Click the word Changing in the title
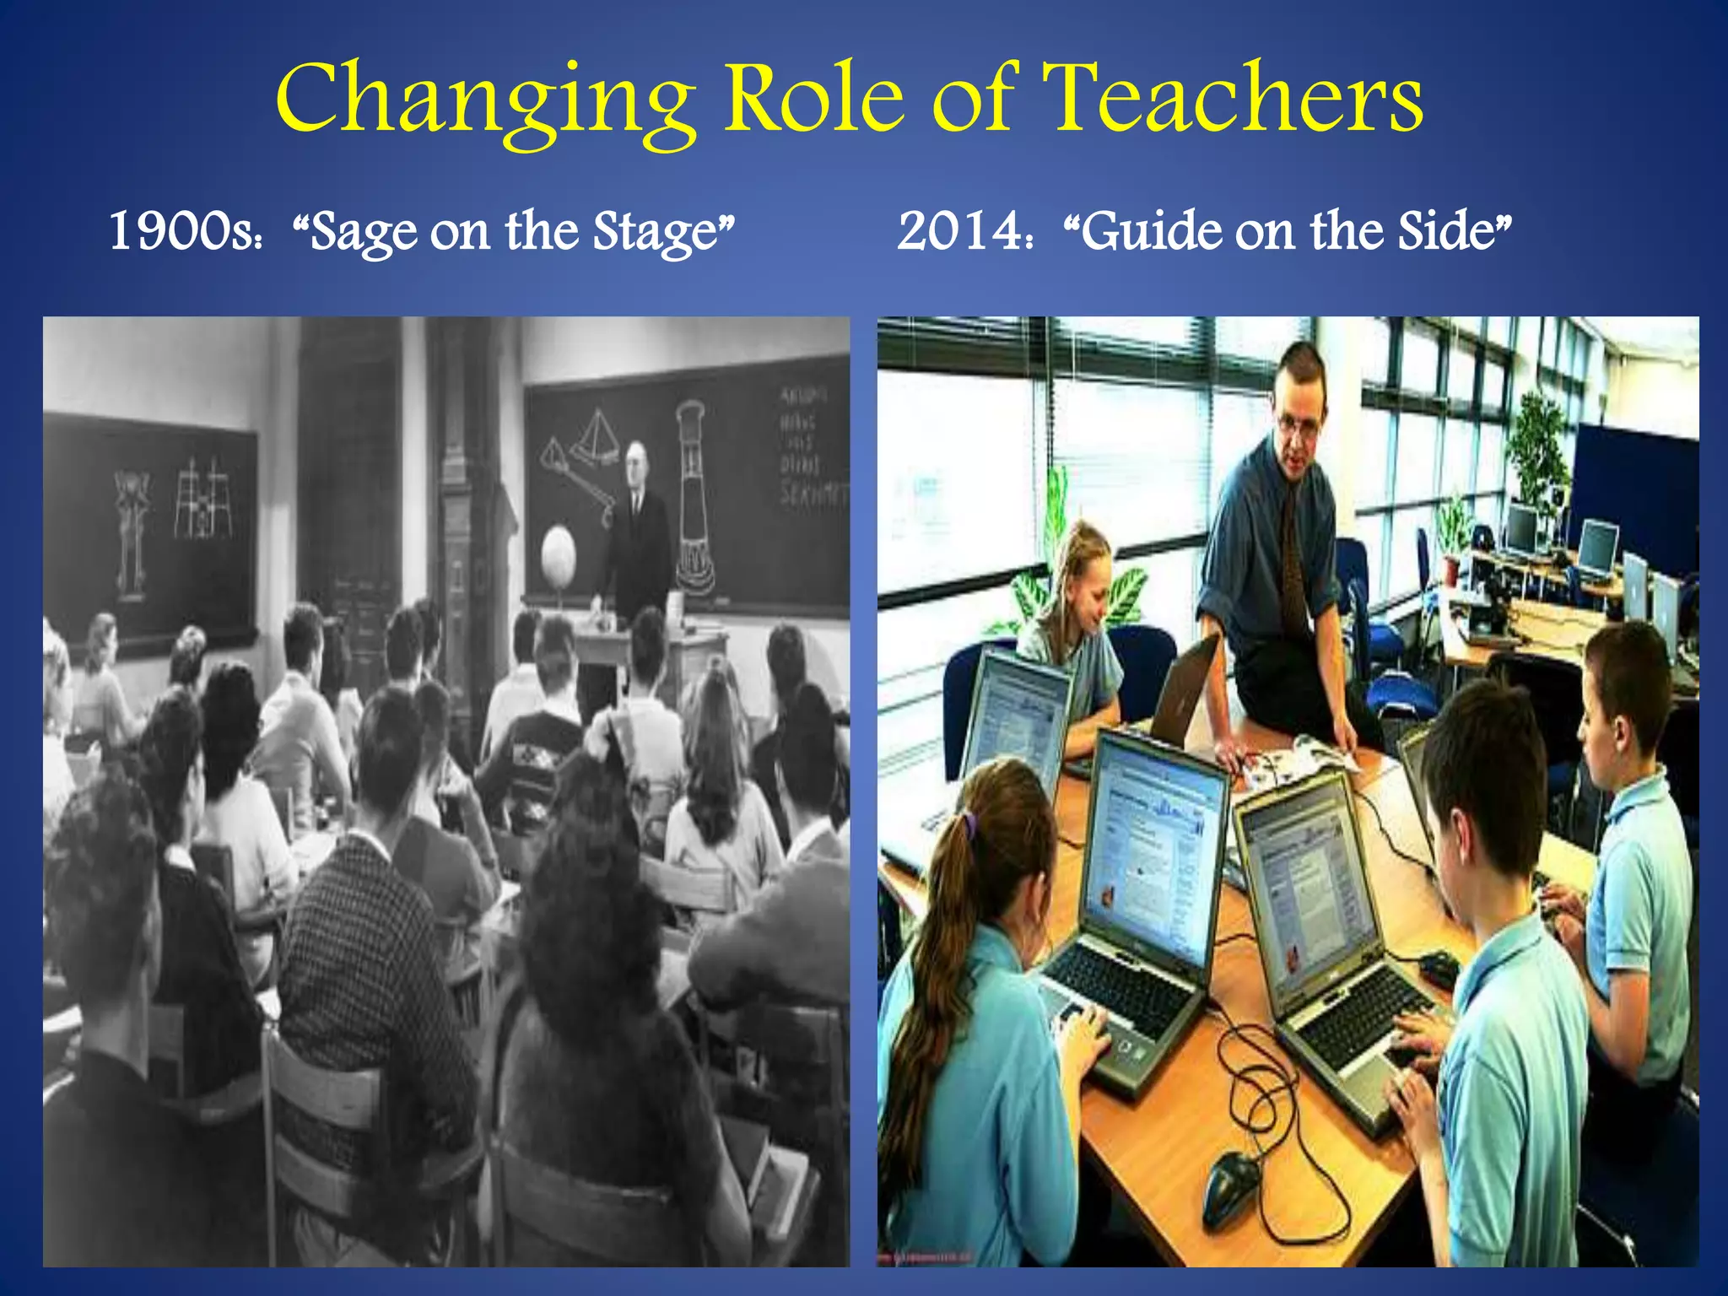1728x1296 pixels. coord(485,101)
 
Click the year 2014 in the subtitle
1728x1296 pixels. coord(960,231)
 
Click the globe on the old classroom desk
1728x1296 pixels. coord(558,553)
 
